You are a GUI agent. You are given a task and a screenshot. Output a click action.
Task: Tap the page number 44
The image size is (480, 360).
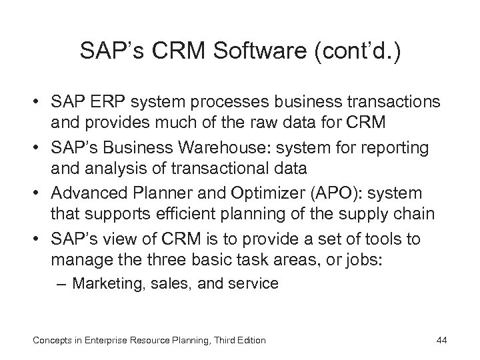(x=441, y=341)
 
